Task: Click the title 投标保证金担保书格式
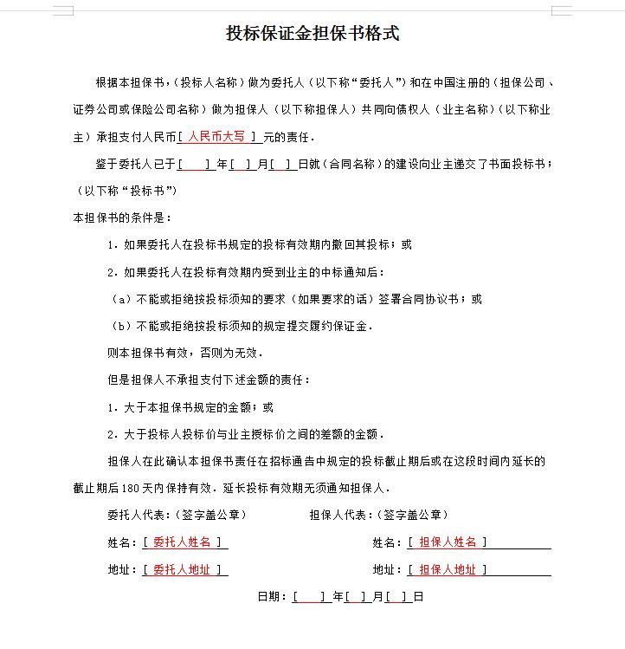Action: click(312, 34)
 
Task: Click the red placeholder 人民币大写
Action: click(217, 137)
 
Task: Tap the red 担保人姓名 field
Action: click(447, 542)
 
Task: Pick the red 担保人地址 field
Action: click(447, 570)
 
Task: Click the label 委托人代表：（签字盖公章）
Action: click(177, 515)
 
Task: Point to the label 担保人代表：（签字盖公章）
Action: click(378, 515)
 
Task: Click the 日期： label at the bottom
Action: click(274, 597)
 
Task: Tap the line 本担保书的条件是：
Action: click(123, 217)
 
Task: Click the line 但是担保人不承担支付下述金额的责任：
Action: click(208, 380)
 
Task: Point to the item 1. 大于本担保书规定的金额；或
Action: click(190, 407)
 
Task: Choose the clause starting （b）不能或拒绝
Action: click(242, 326)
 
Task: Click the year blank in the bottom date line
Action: click(310, 597)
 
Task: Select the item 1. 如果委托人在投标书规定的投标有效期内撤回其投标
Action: click(260, 244)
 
